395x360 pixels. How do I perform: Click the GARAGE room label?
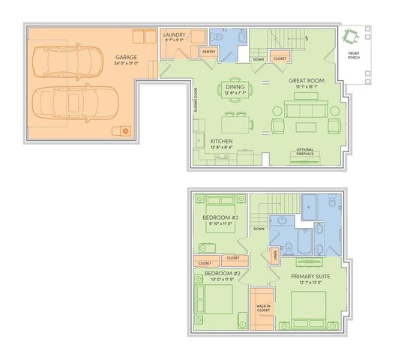(x=126, y=58)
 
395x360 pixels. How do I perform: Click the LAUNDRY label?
(x=175, y=34)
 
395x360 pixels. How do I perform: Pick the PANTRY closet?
(x=208, y=52)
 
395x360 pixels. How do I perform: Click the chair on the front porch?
(x=350, y=37)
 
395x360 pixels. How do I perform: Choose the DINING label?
(x=235, y=87)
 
